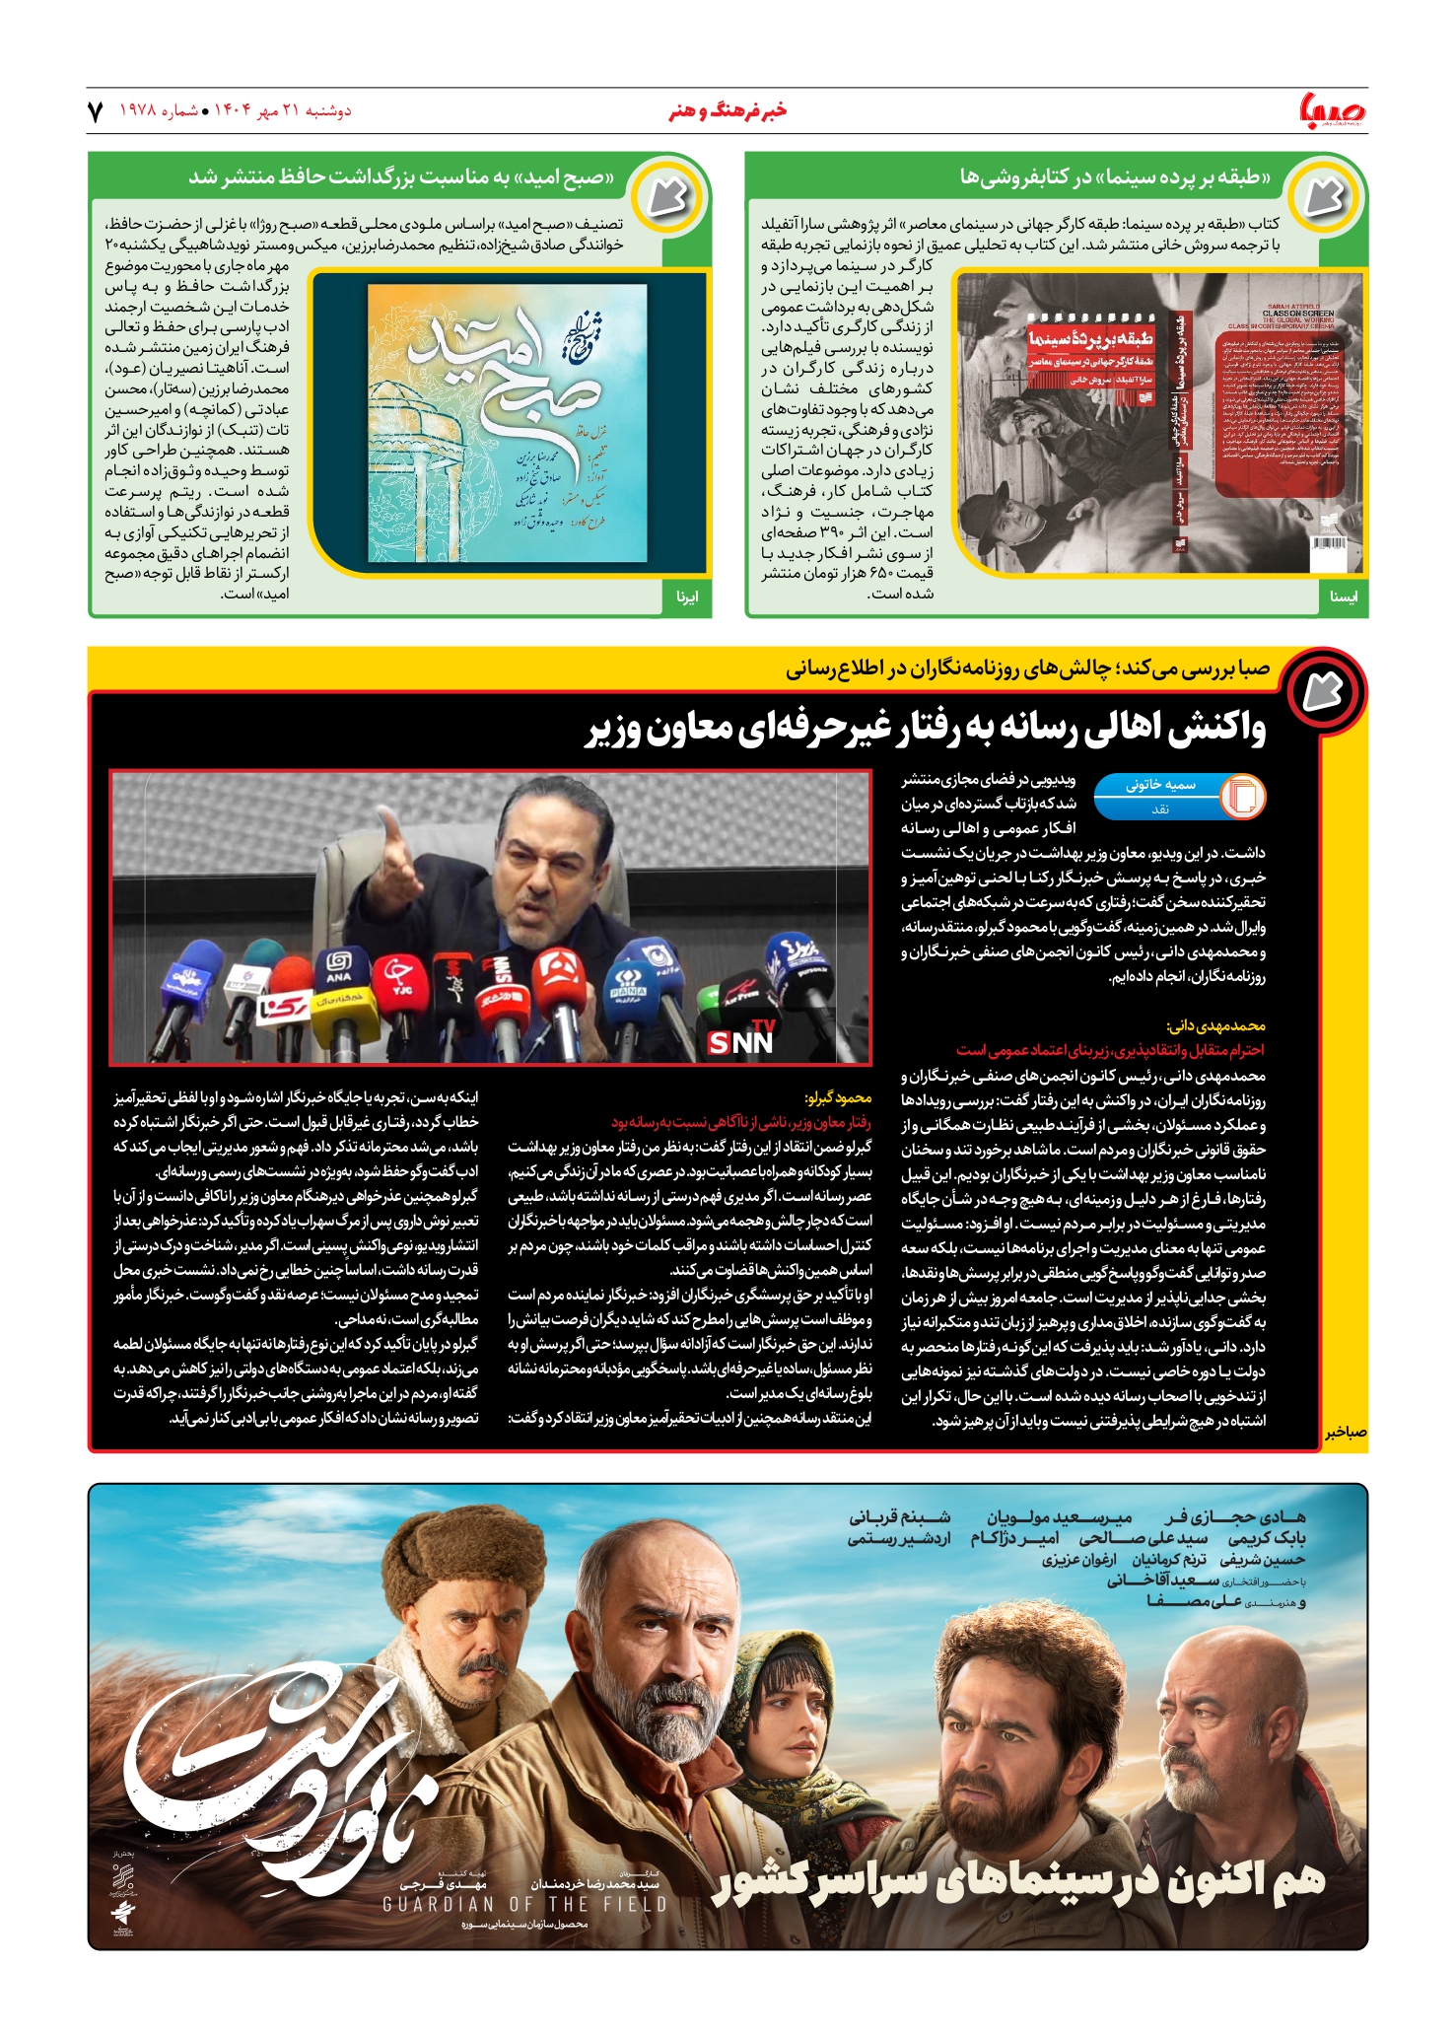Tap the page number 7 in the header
click(x=96, y=111)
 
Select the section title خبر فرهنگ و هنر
click(x=728, y=110)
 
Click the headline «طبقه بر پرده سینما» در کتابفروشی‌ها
click(x=1115, y=177)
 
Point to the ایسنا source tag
click(x=1343, y=597)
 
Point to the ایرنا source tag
click(x=687, y=597)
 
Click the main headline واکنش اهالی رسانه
click(x=926, y=729)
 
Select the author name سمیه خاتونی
click(x=1160, y=785)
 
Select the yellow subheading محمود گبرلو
click(x=838, y=1097)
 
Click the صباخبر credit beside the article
click(x=1346, y=1433)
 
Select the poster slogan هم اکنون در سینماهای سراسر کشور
click(x=1020, y=1880)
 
